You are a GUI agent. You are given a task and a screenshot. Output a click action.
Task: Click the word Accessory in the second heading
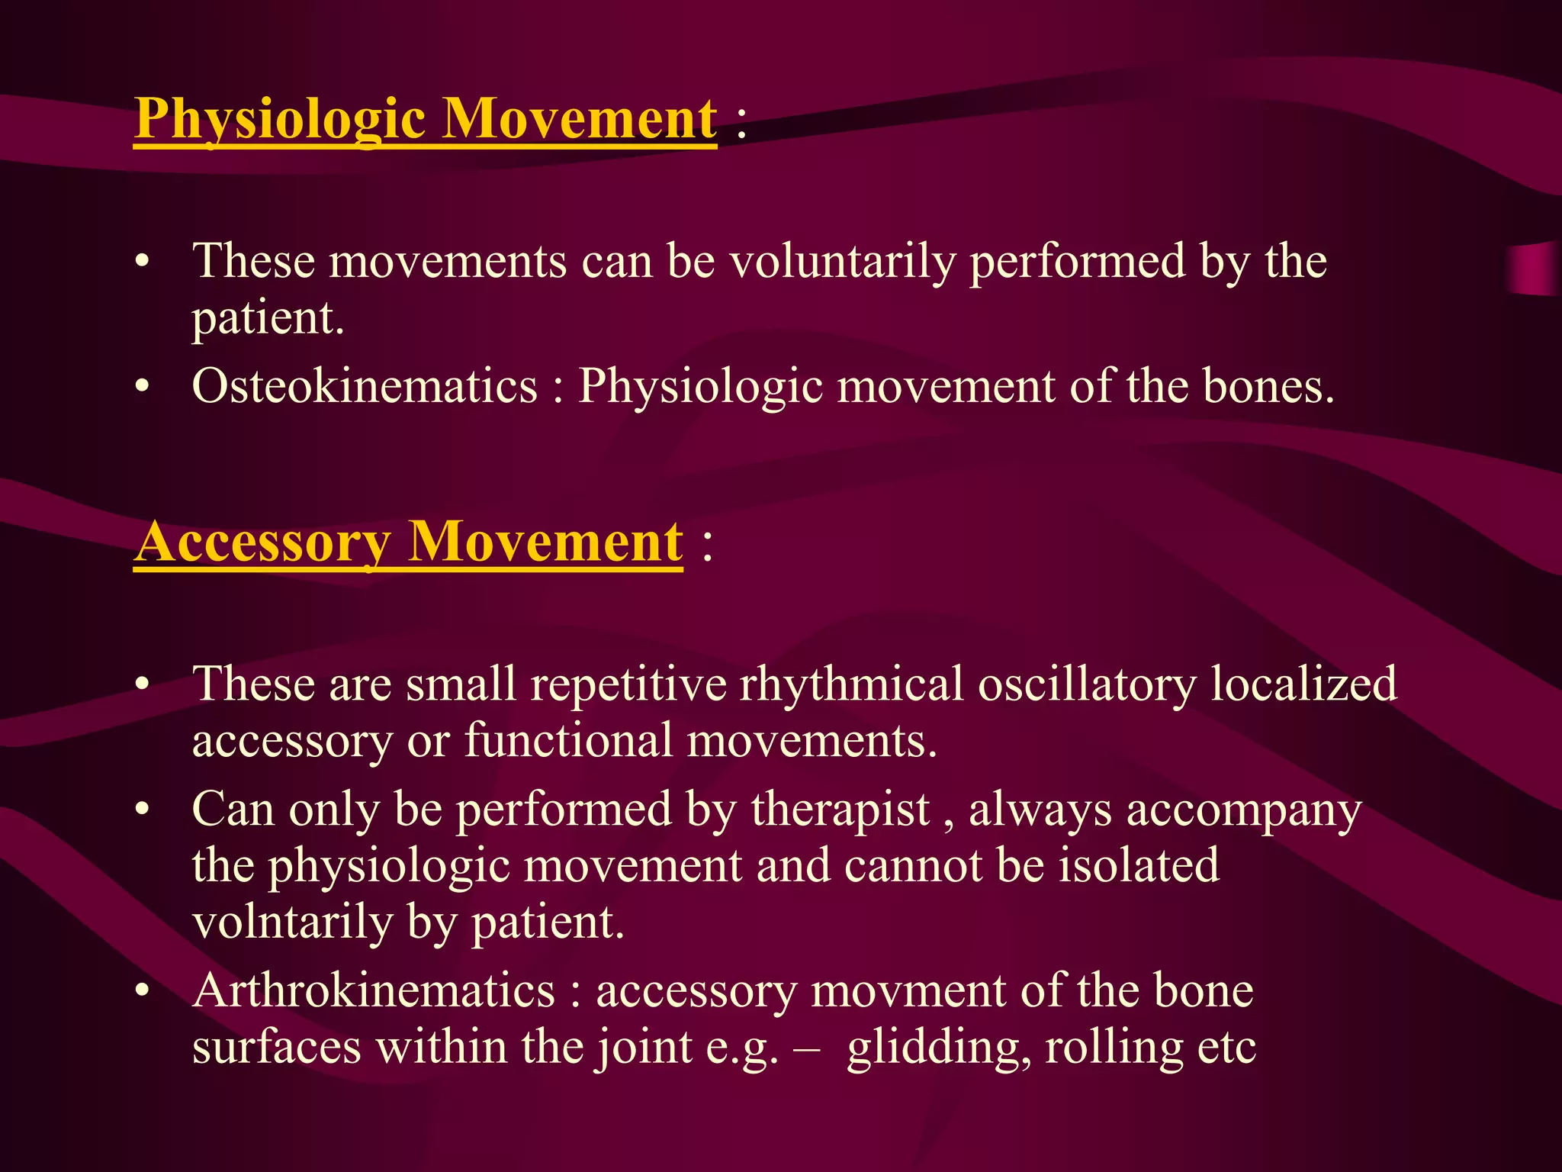263,543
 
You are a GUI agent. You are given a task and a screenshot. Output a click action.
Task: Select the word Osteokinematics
365,386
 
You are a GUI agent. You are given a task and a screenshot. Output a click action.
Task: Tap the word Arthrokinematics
373,991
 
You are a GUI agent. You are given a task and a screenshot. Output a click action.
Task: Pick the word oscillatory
1087,684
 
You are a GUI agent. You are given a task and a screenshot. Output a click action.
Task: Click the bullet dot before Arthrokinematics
142,992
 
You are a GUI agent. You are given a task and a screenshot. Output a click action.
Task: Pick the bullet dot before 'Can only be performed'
142,810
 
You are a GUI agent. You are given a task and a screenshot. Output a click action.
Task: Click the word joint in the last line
644,1048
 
